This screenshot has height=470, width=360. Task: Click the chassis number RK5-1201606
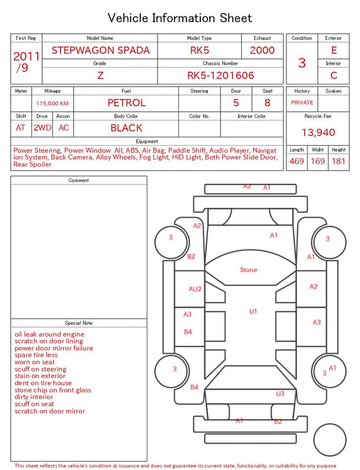(220, 75)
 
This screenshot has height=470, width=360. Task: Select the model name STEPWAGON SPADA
(101, 50)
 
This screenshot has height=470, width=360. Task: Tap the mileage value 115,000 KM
(52, 104)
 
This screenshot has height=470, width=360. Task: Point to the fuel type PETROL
(127, 103)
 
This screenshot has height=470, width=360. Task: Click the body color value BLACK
(127, 128)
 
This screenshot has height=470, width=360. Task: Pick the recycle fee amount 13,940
(318, 132)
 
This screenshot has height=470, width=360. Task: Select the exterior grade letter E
(334, 50)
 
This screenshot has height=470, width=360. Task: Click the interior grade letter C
(334, 75)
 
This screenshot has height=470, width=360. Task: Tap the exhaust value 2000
(262, 50)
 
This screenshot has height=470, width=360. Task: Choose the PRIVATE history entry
(302, 103)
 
